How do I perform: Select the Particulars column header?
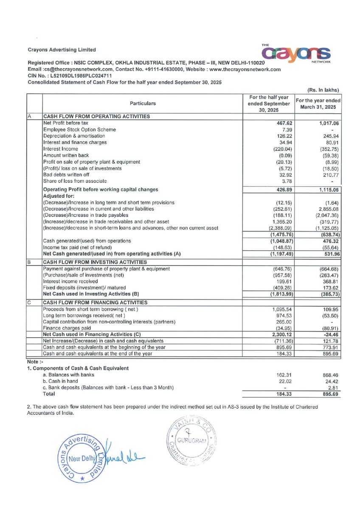(x=143, y=103)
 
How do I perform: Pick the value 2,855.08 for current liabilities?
(x=324, y=209)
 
